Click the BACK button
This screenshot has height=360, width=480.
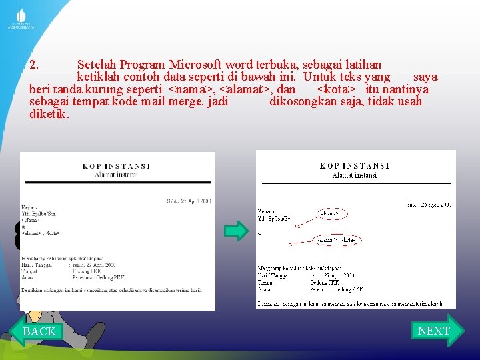[38, 331]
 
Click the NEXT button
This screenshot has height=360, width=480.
[434, 331]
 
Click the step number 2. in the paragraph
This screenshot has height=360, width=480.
[37, 65]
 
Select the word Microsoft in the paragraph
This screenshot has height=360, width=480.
[195, 65]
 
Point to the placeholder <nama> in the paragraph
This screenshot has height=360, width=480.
[191, 89]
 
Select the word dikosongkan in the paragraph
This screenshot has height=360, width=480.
[311, 101]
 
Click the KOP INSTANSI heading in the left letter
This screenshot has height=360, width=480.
[116, 166]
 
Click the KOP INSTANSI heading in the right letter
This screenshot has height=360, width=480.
[355, 166]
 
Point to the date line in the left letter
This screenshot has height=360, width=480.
[189, 200]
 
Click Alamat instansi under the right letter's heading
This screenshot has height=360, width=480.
[355, 175]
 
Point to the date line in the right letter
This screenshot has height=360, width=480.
[429, 205]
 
